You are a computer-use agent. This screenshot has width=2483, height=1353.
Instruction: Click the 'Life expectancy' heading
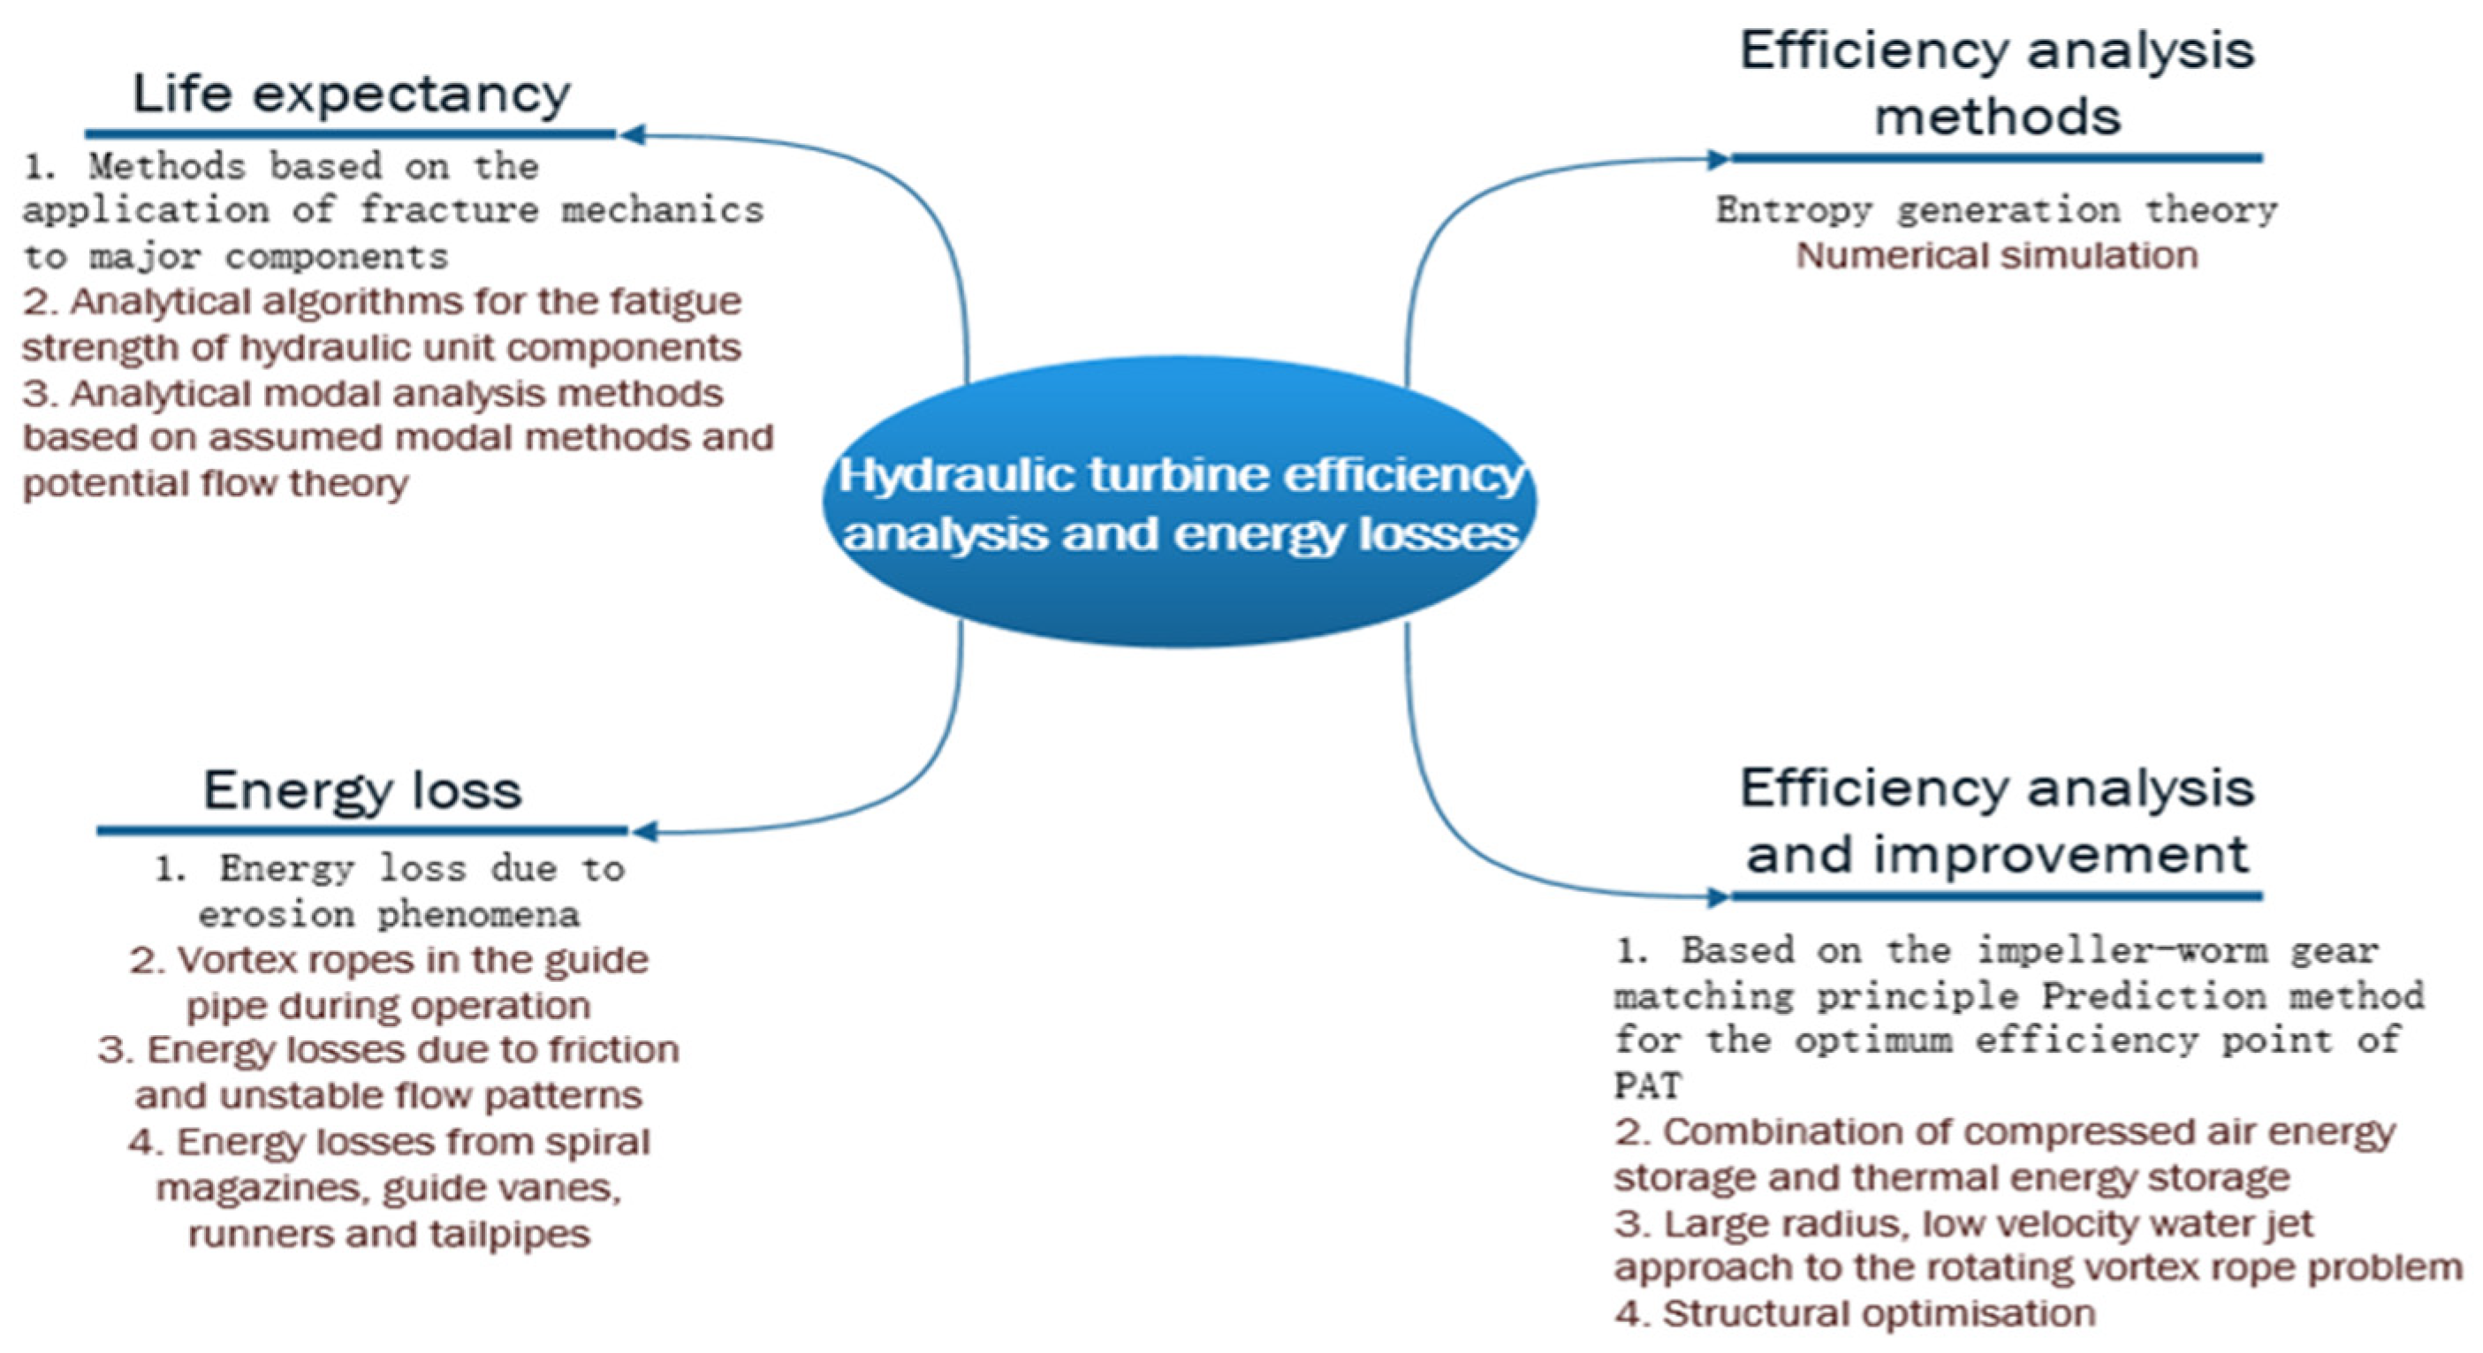pyautogui.click(x=351, y=94)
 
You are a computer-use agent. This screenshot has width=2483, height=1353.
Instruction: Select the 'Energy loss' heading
pyautogui.click(x=362, y=790)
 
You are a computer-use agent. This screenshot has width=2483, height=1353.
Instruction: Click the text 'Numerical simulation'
pyautogui.click(x=1996, y=256)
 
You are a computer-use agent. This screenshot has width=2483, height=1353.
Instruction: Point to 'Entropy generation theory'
pyautogui.click(x=1996, y=210)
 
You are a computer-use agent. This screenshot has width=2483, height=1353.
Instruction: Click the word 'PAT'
pyautogui.click(x=1647, y=1086)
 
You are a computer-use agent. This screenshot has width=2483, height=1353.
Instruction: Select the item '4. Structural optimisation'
pyautogui.click(x=1855, y=1313)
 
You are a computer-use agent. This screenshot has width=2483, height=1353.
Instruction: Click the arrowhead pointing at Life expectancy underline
pyautogui.click(x=633, y=134)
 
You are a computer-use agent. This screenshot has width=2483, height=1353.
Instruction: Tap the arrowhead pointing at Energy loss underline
pyautogui.click(x=645, y=831)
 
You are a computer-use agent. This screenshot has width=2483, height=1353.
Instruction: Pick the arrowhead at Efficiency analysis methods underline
pyautogui.click(x=1718, y=159)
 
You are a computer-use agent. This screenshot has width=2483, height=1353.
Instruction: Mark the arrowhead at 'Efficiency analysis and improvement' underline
pyautogui.click(x=1718, y=897)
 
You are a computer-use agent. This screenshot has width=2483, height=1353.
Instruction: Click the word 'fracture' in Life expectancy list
pyautogui.click(x=448, y=210)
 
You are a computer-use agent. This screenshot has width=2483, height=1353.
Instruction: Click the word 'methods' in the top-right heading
pyautogui.click(x=1997, y=117)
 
